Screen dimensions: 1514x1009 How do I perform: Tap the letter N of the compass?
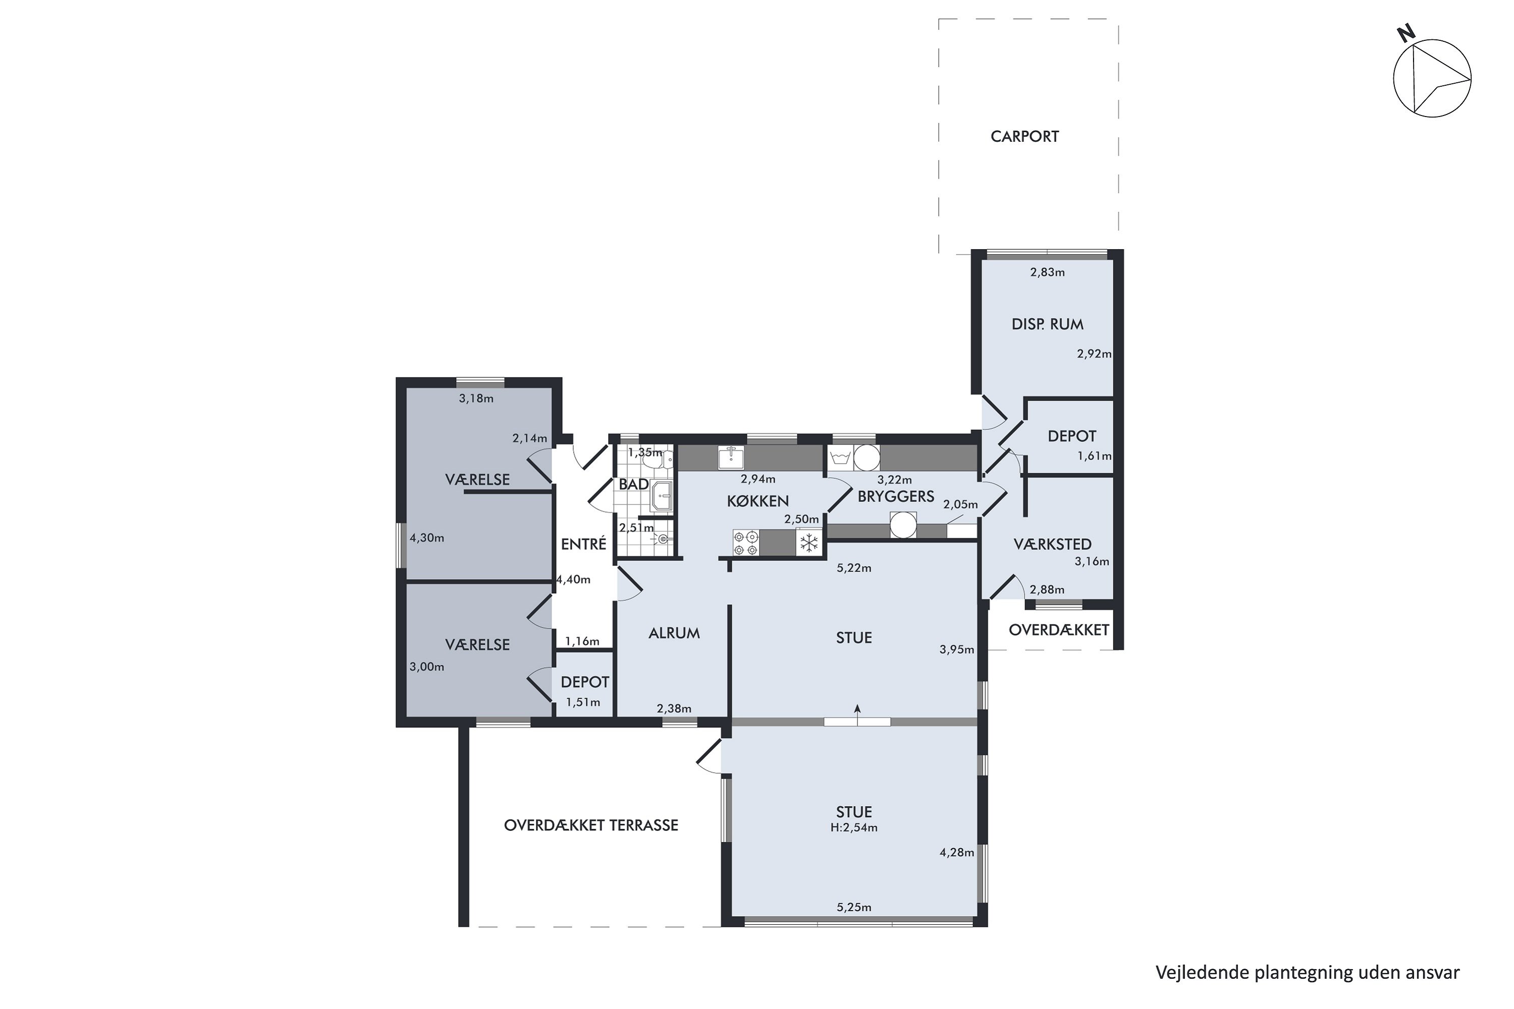[1406, 33]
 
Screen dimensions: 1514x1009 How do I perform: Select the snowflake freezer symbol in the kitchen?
[808, 542]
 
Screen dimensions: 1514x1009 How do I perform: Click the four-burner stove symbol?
[745, 542]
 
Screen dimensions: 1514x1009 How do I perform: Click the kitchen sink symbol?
[731, 458]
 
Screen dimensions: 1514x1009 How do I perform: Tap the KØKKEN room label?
[758, 501]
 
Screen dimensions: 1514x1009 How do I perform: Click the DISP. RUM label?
[1047, 324]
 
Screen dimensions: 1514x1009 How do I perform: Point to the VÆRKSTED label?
[1052, 544]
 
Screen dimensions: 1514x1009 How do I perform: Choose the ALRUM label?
[674, 633]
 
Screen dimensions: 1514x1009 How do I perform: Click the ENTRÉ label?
[583, 544]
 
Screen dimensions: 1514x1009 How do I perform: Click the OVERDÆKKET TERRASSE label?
[591, 825]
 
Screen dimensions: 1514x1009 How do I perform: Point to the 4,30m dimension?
[427, 538]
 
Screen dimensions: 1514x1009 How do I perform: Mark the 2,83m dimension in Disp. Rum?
[1047, 272]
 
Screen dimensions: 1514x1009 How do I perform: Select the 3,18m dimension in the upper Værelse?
[476, 399]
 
